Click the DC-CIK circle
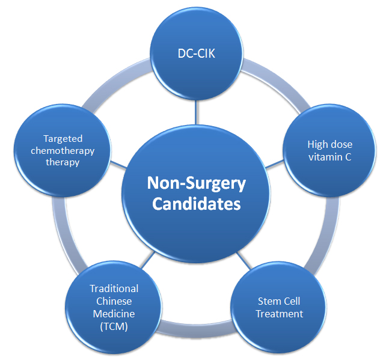(x=196, y=53)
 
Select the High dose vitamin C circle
(x=329, y=150)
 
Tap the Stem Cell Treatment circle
(x=278, y=307)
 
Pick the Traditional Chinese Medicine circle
(x=114, y=307)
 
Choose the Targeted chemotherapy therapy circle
(x=63, y=150)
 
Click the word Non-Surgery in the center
(x=196, y=183)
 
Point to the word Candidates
(x=196, y=204)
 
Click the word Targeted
(x=63, y=139)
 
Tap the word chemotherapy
(x=63, y=151)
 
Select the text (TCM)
(x=114, y=326)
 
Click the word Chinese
(x=114, y=301)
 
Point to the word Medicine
(x=114, y=314)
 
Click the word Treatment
(x=279, y=314)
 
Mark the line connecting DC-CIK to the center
(x=196, y=112)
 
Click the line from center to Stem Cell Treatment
(x=244, y=260)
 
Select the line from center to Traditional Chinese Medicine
(x=148, y=260)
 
